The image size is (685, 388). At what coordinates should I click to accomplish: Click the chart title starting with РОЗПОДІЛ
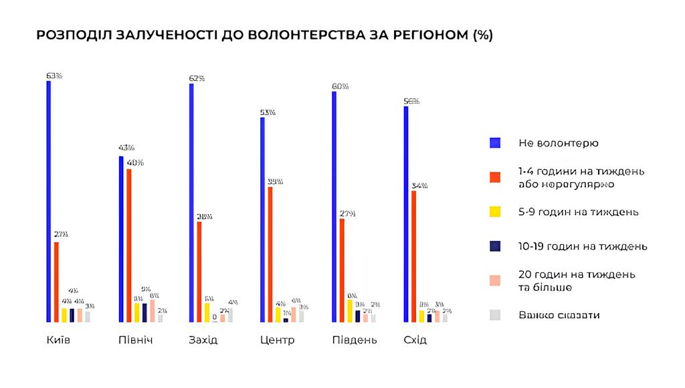(x=264, y=35)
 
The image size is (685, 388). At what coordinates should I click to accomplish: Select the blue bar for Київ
(x=49, y=201)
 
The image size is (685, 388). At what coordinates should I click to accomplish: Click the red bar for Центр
(x=270, y=254)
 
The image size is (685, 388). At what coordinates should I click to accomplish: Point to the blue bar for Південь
(x=334, y=207)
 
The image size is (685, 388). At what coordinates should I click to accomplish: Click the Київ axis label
(x=59, y=340)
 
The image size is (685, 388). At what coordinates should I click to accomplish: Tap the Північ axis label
(x=136, y=340)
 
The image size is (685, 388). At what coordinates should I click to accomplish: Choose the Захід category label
(x=203, y=340)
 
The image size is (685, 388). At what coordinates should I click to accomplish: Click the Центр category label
(x=277, y=340)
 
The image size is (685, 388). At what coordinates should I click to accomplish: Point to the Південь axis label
(x=355, y=340)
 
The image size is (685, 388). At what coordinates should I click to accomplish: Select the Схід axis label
(x=415, y=340)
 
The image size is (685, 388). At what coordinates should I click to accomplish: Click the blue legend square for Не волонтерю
(x=495, y=142)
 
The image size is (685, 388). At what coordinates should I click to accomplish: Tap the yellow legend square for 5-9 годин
(x=495, y=211)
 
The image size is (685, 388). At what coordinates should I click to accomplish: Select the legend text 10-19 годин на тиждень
(x=583, y=246)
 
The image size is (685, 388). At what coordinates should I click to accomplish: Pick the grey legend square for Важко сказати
(x=495, y=314)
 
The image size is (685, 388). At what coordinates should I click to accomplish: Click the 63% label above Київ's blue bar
(x=54, y=76)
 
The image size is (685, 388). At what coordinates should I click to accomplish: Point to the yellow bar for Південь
(x=349, y=310)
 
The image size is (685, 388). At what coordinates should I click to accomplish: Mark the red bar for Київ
(x=56, y=282)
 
